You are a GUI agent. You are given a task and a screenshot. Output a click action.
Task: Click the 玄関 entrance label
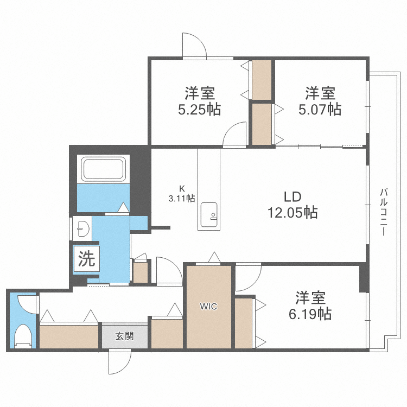pos(124,336)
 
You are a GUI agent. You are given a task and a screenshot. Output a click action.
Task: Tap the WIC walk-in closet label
pos(208,307)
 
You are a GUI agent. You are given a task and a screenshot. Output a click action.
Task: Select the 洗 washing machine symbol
pos(86,259)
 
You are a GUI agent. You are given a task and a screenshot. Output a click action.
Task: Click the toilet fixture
pos(23,335)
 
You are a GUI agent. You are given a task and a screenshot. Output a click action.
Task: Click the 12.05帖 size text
pos(292,212)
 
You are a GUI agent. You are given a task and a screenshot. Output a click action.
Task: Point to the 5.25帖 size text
pos(199,109)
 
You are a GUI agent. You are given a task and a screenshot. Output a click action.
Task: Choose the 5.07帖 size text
pos(320,109)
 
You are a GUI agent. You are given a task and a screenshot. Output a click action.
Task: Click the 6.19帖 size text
pos(310,313)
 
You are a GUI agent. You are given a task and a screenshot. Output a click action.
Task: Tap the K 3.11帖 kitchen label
pos(182,194)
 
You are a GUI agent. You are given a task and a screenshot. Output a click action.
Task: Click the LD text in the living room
pos(292,196)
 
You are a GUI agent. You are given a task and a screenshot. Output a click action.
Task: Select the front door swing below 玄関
pos(119,362)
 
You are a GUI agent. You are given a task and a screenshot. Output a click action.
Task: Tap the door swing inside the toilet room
pos(26,304)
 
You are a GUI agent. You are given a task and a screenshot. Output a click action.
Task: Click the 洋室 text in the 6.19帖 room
pos(310,298)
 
